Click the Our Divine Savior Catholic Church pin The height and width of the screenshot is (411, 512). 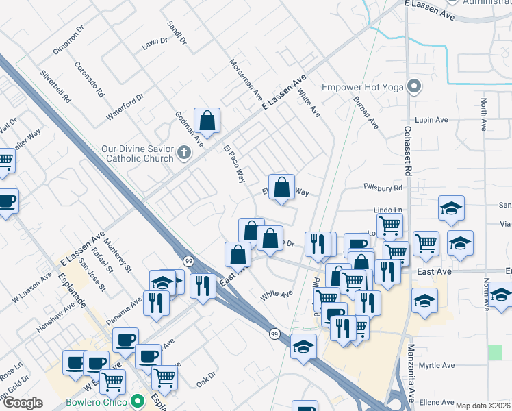[183, 152]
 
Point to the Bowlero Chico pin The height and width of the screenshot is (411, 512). [138, 400]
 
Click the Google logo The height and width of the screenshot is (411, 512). [23, 403]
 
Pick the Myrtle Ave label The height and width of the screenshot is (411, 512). [437, 366]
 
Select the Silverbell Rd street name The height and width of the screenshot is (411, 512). [55, 86]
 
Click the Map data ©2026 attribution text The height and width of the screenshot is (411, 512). [483, 406]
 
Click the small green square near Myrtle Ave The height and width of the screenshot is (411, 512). [495, 352]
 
